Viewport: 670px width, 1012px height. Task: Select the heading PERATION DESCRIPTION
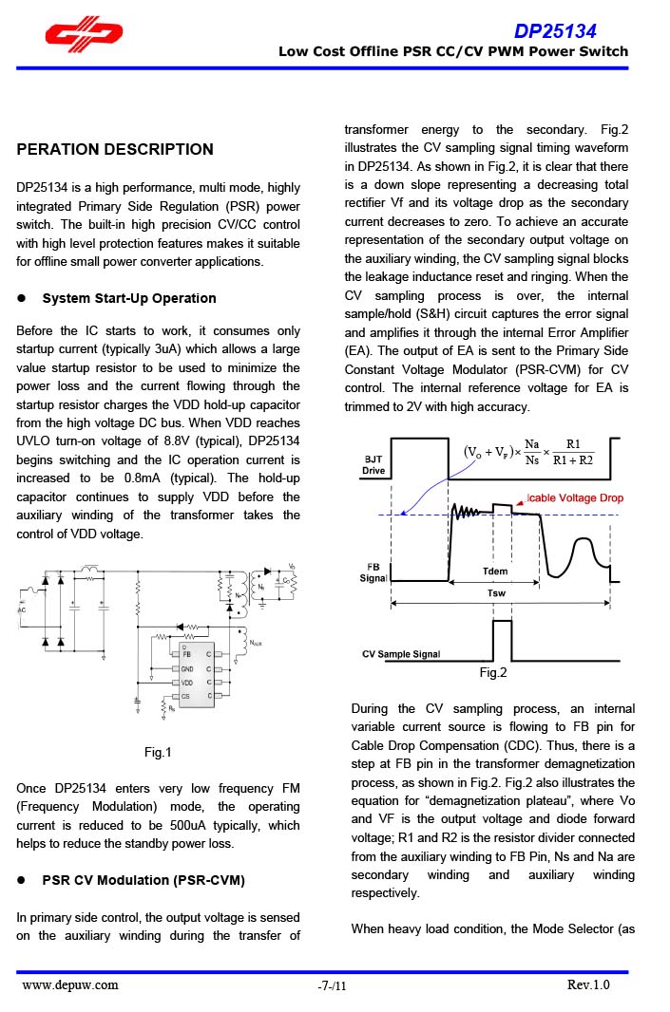pyautogui.click(x=115, y=149)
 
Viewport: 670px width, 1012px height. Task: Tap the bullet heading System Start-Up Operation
pyautogui.click(x=129, y=298)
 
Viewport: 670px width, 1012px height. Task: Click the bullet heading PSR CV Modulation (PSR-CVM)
pyautogui.click(x=144, y=880)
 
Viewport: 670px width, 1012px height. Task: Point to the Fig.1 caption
pyautogui.click(x=158, y=753)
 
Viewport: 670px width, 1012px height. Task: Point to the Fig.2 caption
pyautogui.click(x=493, y=672)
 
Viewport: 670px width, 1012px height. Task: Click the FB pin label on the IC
pyautogui.click(x=187, y=654)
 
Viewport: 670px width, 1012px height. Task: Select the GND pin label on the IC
pyautogui.click(x=188, y=668)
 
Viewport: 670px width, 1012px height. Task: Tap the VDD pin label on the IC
pyautogui.click(x=188, y=683)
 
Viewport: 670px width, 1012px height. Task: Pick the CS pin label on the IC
pyautogui.click(x=186, y=697)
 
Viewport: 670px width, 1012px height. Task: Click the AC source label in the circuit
pyautogui.click(x=22, y=609)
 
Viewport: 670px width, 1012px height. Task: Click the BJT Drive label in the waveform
pyautogui.click(x=373, y=464)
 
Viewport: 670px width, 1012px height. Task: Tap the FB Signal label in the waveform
pyautogui.click(x=373, y=572)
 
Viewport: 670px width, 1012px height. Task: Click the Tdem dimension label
pyautogui.click(x=495, y=572)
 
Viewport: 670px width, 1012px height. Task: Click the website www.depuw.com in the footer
pyautogui.click(x=70, y=984)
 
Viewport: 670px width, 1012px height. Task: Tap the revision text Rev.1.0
pyautogui.click(x=588, y=984)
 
